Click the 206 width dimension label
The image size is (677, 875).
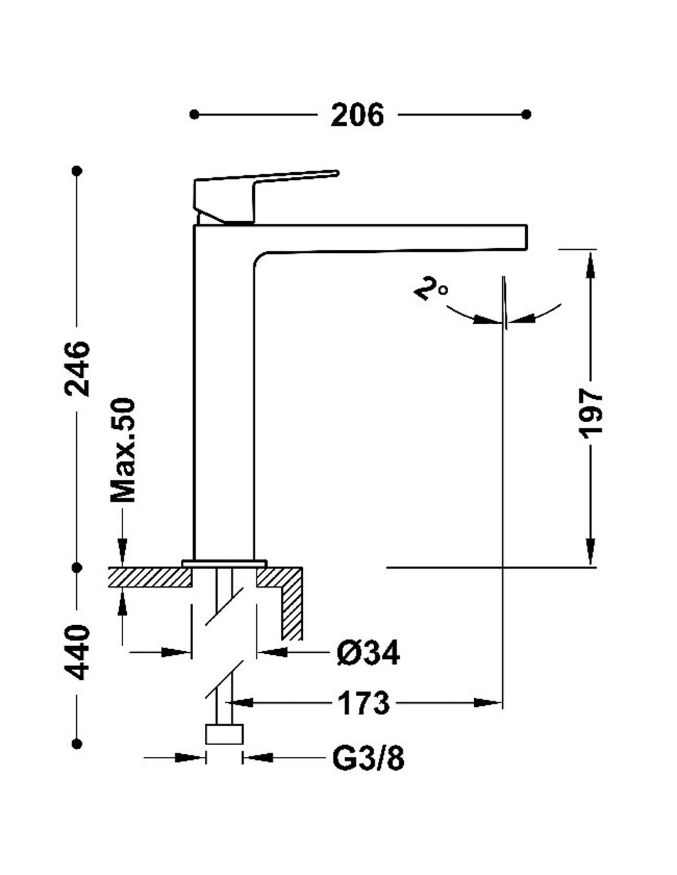point(357,115)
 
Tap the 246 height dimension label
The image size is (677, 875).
point(76,369)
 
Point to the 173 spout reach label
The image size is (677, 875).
point(363,703)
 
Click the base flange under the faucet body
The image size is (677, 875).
point(224,563)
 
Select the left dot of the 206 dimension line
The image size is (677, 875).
point(194,115)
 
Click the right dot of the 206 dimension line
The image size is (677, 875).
point(526,115)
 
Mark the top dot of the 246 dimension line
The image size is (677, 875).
point(76,171)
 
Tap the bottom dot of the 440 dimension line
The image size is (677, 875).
point(76,743)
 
